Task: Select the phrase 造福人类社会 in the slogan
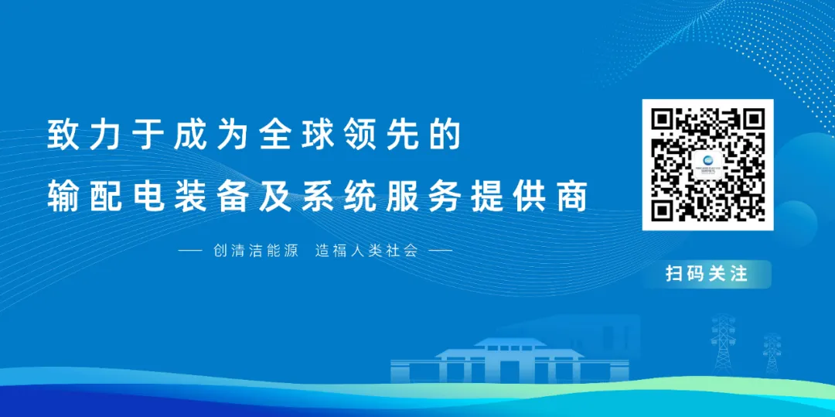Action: (x=365, y=251)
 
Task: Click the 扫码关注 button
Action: (x=707, y=275)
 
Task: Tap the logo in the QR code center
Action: (x=707, y=165)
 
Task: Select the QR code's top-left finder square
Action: (x=662, y=118)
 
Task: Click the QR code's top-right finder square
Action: (x=754, y=118)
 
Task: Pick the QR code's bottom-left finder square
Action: (x=662, y=210)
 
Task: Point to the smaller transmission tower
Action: (x=772, y=353)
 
